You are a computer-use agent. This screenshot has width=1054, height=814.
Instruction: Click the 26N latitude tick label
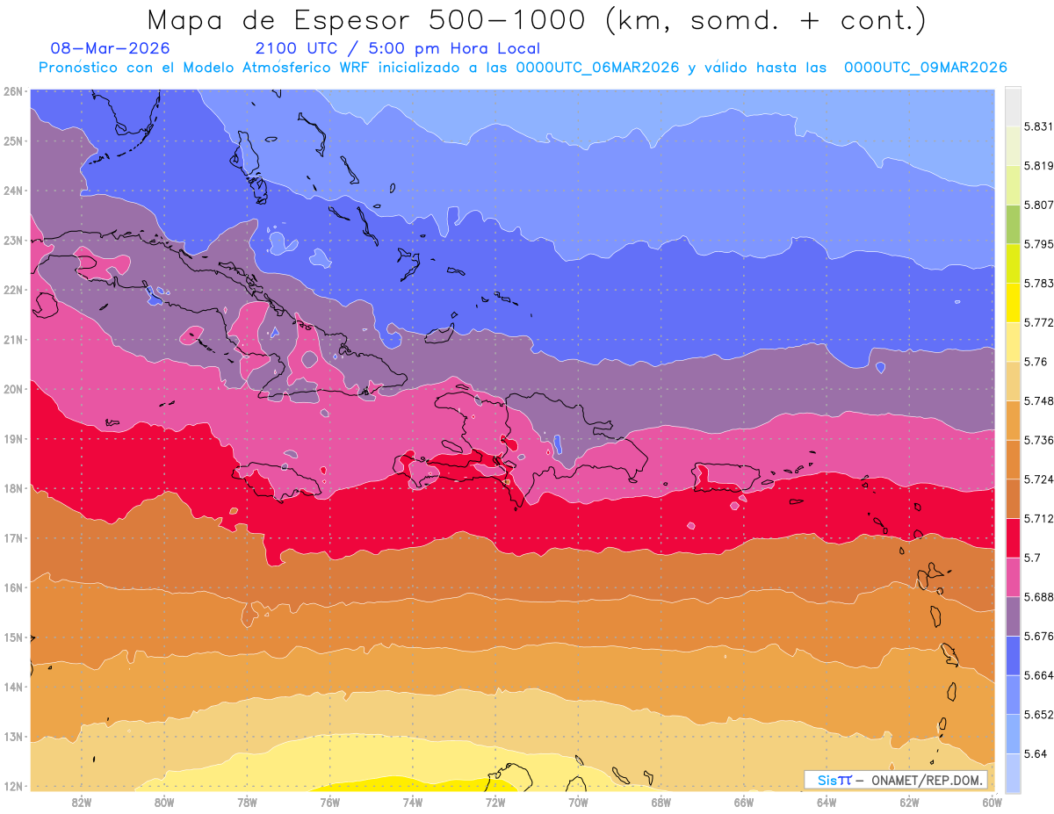pos(12,90)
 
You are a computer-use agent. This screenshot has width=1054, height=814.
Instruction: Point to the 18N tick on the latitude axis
pos(12,488)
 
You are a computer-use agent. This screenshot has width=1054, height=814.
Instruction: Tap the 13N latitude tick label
pos(12,737)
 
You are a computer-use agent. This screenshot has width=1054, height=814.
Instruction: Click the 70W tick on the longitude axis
pos(578,802)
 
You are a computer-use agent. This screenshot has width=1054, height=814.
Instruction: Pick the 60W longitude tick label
pos(992,802)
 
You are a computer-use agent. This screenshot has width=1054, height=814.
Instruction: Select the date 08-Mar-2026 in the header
pos(110,48)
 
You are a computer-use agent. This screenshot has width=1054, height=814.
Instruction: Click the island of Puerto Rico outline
pos(726,477)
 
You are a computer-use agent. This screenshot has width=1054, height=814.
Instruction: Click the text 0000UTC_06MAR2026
pos(597,68)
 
